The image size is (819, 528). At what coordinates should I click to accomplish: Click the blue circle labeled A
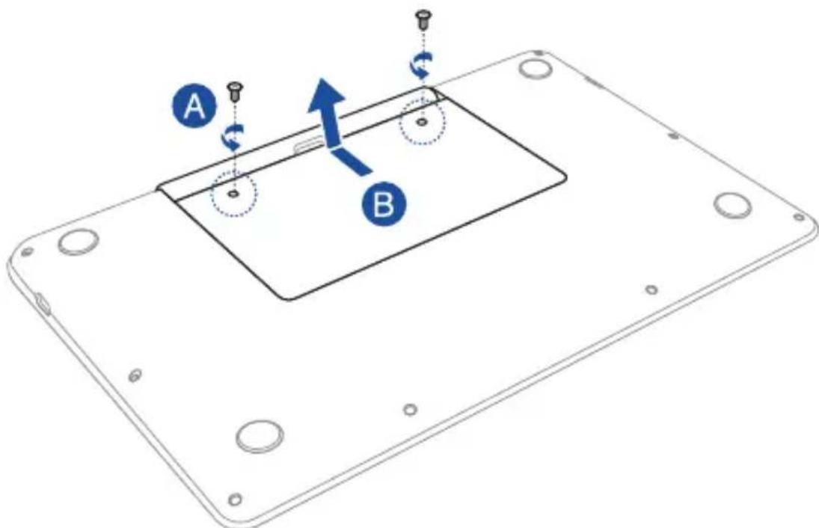(194, 108)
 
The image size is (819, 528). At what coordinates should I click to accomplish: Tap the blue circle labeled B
(384, 204)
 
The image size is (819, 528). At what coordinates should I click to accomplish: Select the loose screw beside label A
(235, 93)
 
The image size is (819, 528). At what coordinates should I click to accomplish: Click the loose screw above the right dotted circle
(422, 19)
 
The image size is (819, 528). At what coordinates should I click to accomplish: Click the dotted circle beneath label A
(234, 193)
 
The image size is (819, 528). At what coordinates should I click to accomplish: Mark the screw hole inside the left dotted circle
(234, 194)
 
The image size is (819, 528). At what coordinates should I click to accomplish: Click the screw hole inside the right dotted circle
(422, 122)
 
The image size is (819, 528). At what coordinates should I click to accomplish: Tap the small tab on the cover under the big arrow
(309, 144)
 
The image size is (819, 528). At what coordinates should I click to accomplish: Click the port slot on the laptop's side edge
(42, 302)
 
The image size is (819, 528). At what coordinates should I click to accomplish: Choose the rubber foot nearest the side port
(78, 242)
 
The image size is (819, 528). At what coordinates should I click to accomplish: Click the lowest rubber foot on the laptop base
(260, 435)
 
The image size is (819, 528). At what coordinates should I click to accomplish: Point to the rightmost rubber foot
(732, 206)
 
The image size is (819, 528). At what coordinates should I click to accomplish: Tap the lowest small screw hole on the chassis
(236, 499)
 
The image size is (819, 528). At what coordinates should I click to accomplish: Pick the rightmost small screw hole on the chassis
(798, 217)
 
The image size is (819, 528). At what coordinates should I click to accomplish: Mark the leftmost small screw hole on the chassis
(27, 252)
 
